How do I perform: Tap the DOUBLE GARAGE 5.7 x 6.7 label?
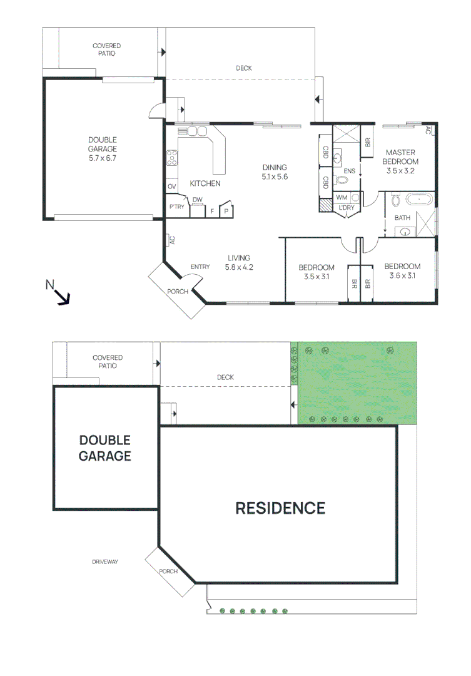click(103, 150)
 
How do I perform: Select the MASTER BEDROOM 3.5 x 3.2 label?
click(400, 161)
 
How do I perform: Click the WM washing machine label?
click(342, 198)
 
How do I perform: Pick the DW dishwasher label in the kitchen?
click(197, 200)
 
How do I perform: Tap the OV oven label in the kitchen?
click(171, 187)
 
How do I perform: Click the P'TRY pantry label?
click(177, 207)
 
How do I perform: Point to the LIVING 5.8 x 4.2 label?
click(238, 262)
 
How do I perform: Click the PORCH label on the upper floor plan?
click(177, 292)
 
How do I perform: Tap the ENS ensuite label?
click(349, 170)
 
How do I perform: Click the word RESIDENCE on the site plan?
click(280, 508)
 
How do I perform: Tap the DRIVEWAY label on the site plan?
click(105, 562)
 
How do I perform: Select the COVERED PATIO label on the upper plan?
click(106, 49)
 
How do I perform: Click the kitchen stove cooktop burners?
click(172, 158)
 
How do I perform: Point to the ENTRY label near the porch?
click(200, 267)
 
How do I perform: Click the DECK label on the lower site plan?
click(225, 377)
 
